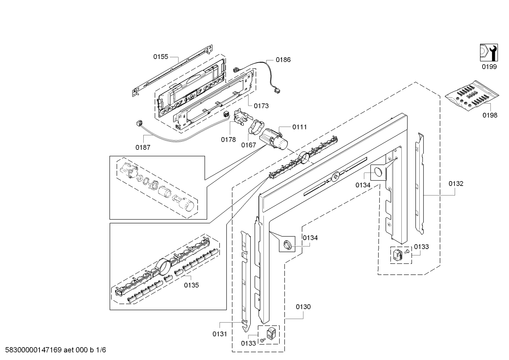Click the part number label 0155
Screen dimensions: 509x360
[x=161, y=57]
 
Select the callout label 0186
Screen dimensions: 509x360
[x=283, y=60]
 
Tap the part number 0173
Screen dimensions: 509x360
[x=261, y=106]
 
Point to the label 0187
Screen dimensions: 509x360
[x=143, y=147]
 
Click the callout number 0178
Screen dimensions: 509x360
[x=228, y=140]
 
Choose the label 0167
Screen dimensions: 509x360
[x=248, y=145]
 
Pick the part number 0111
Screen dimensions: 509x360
[x=299, y=127]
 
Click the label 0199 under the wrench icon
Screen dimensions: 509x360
[x=489, y=67]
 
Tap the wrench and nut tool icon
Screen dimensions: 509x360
[x=489, y=53]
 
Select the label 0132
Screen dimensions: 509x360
[x=456, y=183]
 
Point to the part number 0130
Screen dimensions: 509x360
[x=303, y=307]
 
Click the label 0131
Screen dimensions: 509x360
[x=220, y=334]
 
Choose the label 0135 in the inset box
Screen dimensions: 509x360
[x=191, y=285]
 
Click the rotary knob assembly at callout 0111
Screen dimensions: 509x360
[x=274, y=139]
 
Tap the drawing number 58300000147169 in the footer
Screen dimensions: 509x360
[x=33, y=350]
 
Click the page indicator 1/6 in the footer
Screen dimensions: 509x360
[x=101, y=350]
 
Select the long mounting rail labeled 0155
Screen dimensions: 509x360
[x=173, y=70]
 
